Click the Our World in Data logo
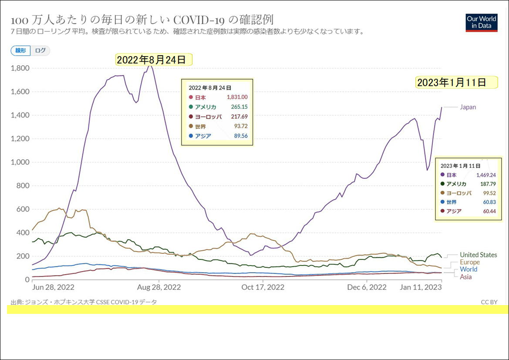(481, 22)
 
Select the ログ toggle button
(40, 50)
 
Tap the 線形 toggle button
(20, 50)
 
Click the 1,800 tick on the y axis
(20, 68)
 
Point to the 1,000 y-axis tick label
(20, 162)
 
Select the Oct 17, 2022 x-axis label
(263, 287)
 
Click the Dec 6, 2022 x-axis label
(367, 287)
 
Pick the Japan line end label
(468, 107)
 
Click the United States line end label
(479, 255)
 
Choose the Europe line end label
(470, 262)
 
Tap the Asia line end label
(466, 277)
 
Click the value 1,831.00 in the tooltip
(237, 97)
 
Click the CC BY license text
(489, 302)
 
